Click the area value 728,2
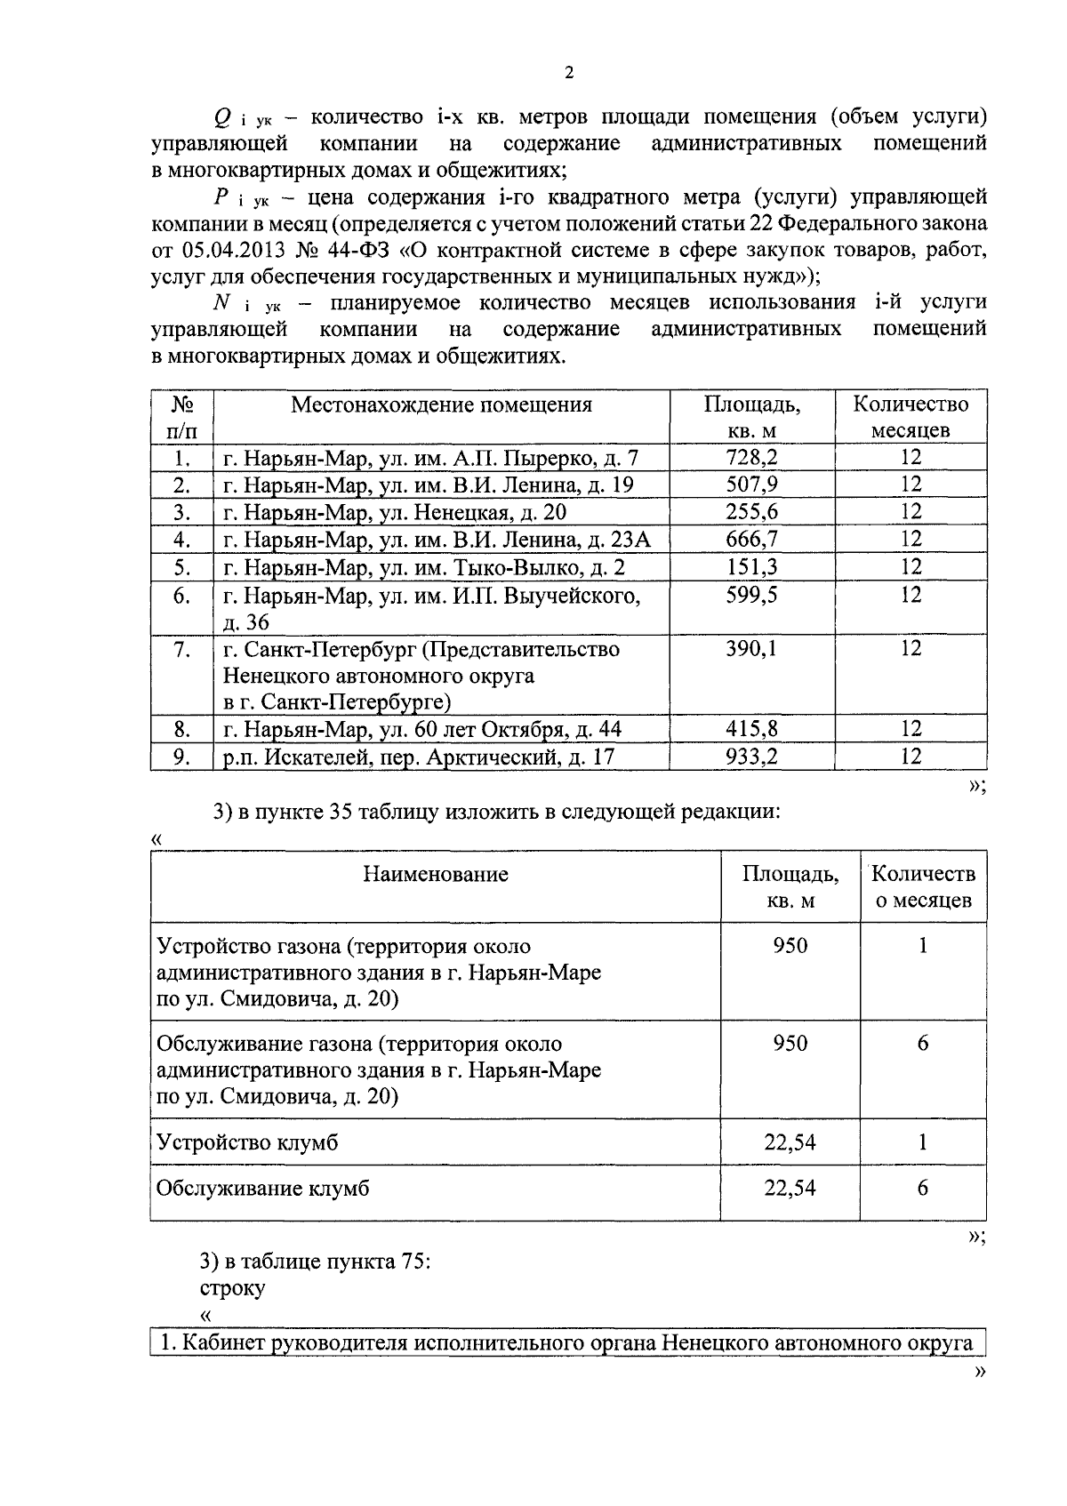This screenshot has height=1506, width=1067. pyautogui.click(x=752, y=458)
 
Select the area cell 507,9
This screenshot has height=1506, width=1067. pyautogui.click(x=752, y=485)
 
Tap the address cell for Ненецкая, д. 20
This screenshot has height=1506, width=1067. pyautogui.click(x=395, y=512)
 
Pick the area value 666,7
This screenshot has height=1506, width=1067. pyautogui.click(x=752, y=539)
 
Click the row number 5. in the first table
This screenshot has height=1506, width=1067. pyautogui.click(x=182, y=566)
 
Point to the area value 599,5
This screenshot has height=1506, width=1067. pyautogui.click(x=752, y=595)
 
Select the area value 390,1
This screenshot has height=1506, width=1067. pyautogui.click(x=752, y=649)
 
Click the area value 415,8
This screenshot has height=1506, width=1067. pyautogui.click(x=752, y=730)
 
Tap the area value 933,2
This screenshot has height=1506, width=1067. pyautogui.click(x=752, y=757)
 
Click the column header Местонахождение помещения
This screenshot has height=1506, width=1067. pyautogui.click(x=441, y=405)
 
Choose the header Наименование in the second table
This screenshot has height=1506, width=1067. pyautogui.click(x=436, y=874)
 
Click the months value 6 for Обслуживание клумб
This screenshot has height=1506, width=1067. pyautogui.click(x=923, y=1188)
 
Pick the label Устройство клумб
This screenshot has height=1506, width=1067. pyautogui.click(x=247, y=1142)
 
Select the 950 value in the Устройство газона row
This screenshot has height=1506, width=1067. pyautogui.click(x=790, y=945)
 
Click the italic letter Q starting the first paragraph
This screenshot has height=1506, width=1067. pyautogui.click(x=223, y=117)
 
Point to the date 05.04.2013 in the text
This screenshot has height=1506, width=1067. pyautogui.click(x=232, y=249)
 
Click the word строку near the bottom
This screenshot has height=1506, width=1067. pyautogui.click(x=232, y=1287)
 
